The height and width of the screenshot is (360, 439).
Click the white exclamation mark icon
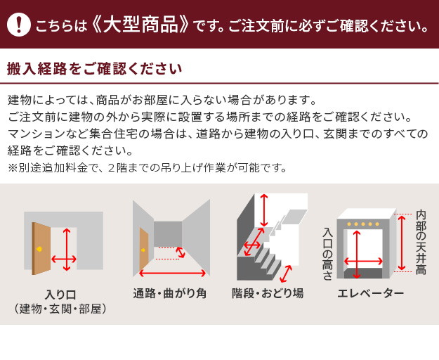pos(18,25)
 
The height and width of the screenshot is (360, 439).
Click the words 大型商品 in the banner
pos(140,24)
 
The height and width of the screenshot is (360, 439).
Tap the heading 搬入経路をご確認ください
pos(95,69)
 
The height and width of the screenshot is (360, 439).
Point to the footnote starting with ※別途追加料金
pos(148,168)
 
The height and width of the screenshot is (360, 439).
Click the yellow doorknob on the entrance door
pos(39,249)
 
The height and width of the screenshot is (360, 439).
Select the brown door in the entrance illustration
pos(41,248)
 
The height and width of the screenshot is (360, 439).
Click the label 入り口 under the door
pos(60,295)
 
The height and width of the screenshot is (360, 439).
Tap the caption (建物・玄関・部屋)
pos(60,309)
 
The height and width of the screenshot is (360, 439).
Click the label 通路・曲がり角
pos(170,293)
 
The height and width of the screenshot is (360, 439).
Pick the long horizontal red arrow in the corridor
pos(173,273)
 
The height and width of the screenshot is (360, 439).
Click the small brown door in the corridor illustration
pos(144,249)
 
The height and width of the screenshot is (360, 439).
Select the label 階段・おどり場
pos(268,293)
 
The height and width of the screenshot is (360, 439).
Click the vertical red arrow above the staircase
pos(263,210)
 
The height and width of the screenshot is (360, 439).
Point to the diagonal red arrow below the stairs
pos(286,274)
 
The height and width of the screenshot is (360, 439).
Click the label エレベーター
pos(371,293)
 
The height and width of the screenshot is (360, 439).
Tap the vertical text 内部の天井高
pos(421,243)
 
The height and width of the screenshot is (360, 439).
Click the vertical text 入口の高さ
pos(327,254)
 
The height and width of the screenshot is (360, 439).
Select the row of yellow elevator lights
pos(363,224)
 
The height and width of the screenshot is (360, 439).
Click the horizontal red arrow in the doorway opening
pos(64,259)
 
